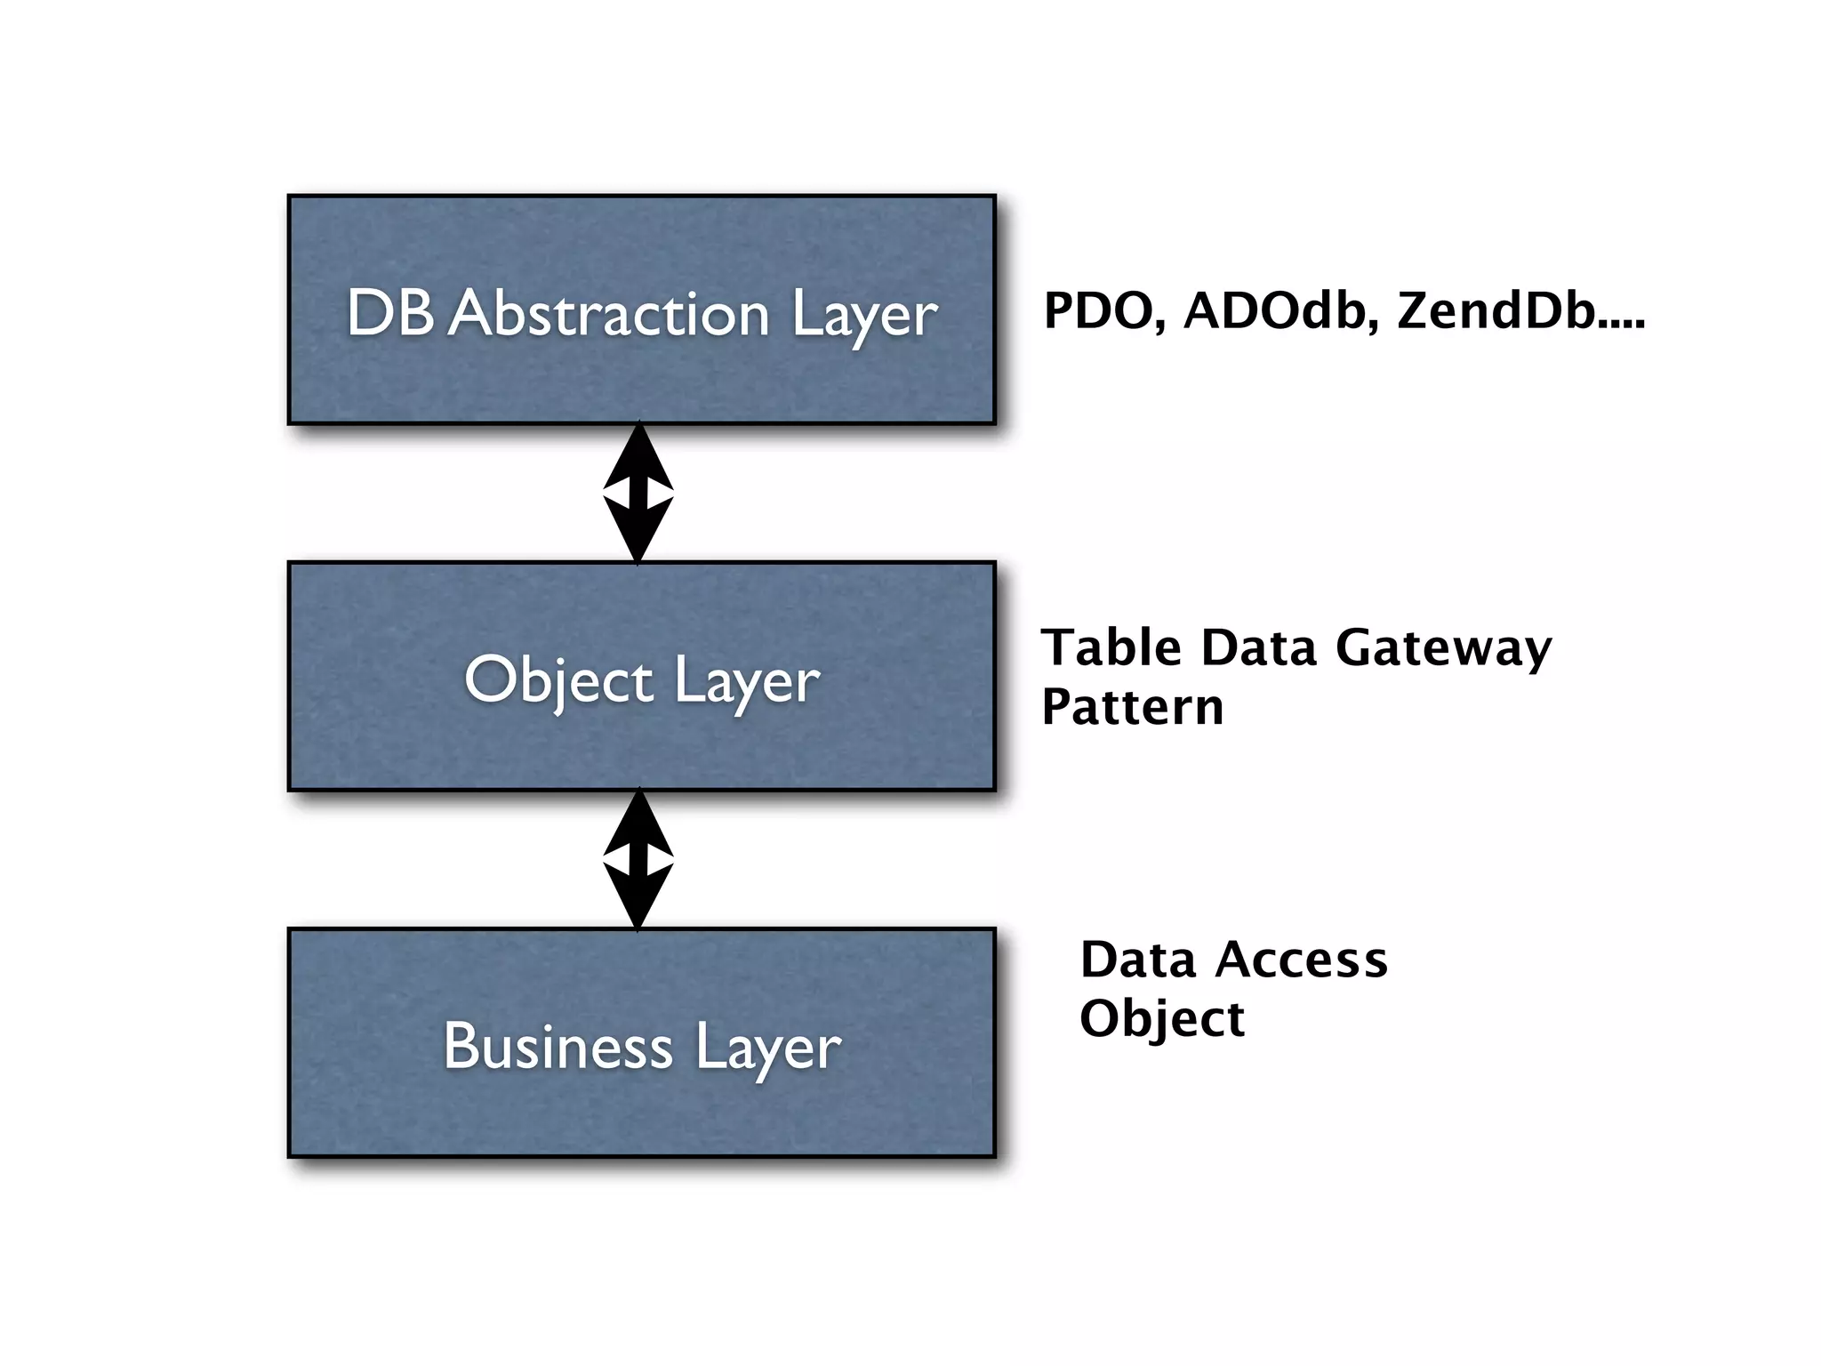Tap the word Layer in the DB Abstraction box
863,316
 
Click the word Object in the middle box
558,680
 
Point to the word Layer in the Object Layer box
746,683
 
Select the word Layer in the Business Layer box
767,1049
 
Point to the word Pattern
1133,707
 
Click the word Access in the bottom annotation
1302,960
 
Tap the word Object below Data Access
1161,1020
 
